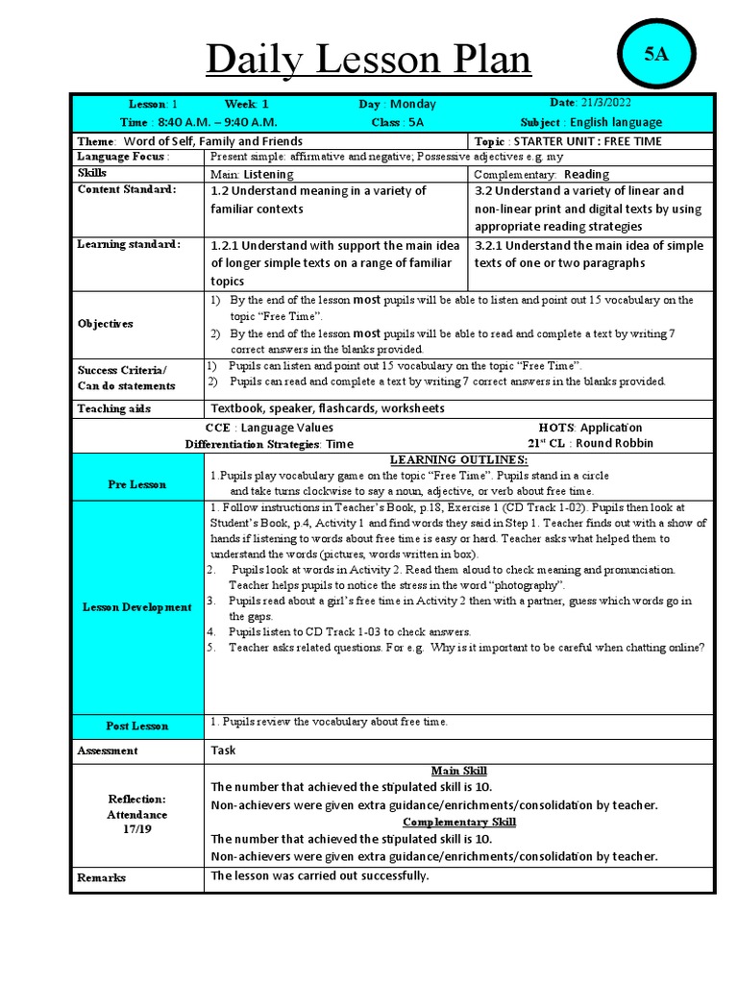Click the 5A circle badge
(656, 55)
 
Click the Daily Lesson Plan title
(369, 61)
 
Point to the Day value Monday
(413, 104)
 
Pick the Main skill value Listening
(268, 174)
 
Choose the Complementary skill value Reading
(586, 174)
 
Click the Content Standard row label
(127, 189)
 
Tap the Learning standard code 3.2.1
(491, 245)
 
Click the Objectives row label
(106, 324)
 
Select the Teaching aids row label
(114, 408)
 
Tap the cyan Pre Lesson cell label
(136, 484)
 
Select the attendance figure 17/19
(136, 829)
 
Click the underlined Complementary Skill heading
(458, 822)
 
